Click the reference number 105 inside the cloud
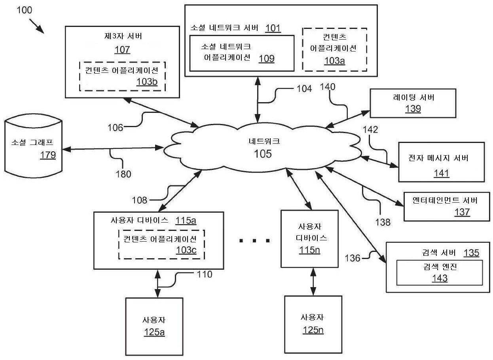263,154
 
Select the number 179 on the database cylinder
48,155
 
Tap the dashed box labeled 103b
122,76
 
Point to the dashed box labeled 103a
334,50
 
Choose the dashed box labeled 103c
161,244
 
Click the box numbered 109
241,53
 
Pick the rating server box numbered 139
413,103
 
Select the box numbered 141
441,162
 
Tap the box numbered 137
444,206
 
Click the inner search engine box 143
439,272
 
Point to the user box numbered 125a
154,326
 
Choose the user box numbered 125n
313,324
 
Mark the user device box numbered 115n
309,238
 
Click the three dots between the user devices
255,240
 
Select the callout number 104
303,89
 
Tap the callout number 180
123,173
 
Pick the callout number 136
353,258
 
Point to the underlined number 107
122,50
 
